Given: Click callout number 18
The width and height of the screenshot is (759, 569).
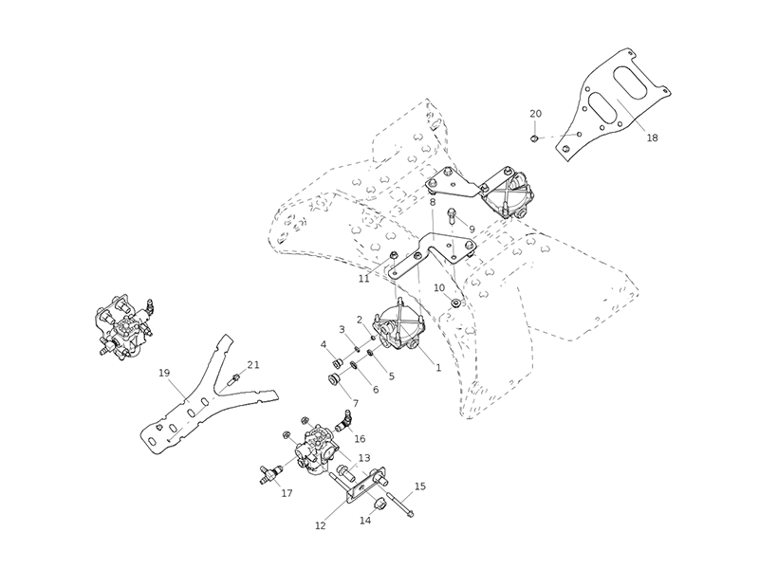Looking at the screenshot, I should (651, 138).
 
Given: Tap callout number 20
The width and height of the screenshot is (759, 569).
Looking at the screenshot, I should (536, 114).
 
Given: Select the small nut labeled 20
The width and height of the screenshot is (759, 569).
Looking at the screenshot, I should (535, 138).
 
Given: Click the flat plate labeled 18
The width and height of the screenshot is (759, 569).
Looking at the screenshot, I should (617, 100).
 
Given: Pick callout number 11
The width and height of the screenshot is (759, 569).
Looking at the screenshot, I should (364, 279).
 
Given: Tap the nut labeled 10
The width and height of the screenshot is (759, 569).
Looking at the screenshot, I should (455, 303).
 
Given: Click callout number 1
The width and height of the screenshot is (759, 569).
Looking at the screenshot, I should (437, 368).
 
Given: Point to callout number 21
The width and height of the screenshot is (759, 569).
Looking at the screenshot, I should (252, 365).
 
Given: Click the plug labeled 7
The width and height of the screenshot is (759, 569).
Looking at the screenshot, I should (333, 379).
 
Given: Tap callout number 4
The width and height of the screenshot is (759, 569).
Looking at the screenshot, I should (324, 344).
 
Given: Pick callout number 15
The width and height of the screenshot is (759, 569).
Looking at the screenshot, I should (420, 486).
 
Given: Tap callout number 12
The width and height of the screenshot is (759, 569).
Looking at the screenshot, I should (320, 525).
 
